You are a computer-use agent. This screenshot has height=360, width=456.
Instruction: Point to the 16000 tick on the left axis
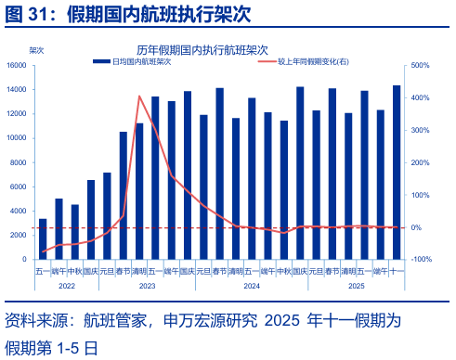tap(17, 66)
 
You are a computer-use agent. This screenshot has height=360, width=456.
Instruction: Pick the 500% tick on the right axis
tap(419, 66)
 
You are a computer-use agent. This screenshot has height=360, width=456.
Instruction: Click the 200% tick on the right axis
tap(419, 162)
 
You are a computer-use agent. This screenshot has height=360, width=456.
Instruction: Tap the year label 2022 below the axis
tap(66, 285)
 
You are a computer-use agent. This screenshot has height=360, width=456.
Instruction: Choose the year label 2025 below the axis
tap(357, 285)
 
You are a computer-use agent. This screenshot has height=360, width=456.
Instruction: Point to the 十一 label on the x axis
tap(396, 272)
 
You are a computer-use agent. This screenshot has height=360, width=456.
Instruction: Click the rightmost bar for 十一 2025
tap(397, 172)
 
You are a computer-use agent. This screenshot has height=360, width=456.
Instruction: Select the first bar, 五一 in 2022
tap(43, 239)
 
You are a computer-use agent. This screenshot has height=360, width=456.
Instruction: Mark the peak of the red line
tap(139, 96)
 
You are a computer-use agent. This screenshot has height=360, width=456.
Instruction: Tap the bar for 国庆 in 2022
tap(91, 220)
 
